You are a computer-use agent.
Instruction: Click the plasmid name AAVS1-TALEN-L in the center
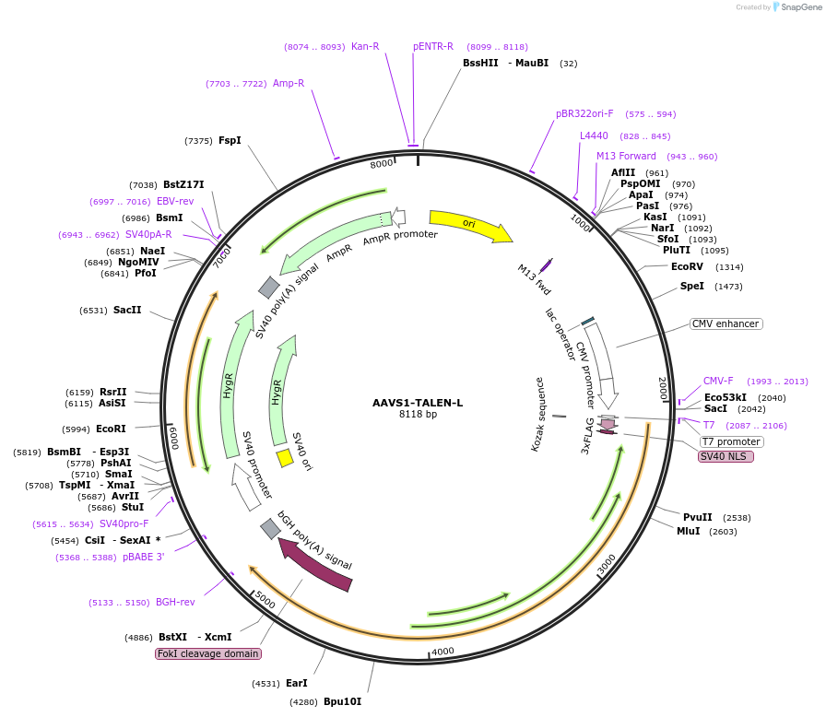click(x=418, y=403)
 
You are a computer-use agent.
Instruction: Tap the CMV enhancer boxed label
click(x=726, y=323)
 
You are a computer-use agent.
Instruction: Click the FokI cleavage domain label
click(x=208, y=653)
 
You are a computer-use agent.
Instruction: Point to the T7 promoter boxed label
click(x=731, y=441)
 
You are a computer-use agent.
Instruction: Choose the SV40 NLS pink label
click(x=726, y=456)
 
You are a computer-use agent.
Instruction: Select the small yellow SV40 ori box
click(x=286, y=457)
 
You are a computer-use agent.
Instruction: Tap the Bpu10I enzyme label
click(x=342, y=701)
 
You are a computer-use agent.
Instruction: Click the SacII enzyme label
click(x=127, y=311)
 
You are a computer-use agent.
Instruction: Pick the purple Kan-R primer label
click(x=365, y=46)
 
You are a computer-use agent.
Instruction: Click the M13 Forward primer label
click(x=626, y=156)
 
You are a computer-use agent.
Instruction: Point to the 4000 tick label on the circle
click(x=443, y=651)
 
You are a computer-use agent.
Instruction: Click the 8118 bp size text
click(x=418, y=415)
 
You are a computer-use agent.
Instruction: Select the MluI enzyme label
click(x=689, y=531)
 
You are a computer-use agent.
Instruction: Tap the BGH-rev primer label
click(x=175, y=602)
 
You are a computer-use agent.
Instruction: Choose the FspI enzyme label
click(x=230, y=140)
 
